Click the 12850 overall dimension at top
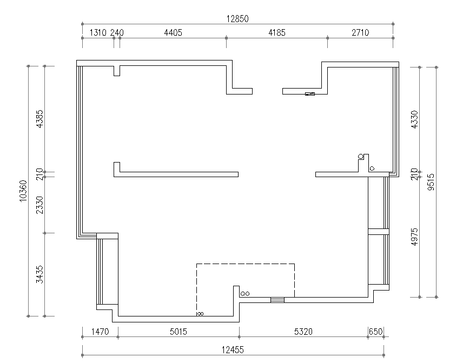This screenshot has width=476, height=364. [237, 19]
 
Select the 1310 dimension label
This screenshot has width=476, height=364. [98, 32]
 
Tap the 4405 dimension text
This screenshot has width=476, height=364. [173, 32]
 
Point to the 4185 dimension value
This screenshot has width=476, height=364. [277, 32]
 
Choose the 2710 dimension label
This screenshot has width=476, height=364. [360, 32]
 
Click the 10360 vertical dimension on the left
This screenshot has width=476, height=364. [23, 191]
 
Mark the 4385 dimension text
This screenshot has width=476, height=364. [40, 119]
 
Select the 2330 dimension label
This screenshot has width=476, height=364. [40, 205]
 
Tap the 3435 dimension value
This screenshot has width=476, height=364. [40, 274]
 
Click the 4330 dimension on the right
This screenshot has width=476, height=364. [414, 119]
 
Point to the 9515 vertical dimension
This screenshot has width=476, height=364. [431, 182]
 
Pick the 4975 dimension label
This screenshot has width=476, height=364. [414, 237]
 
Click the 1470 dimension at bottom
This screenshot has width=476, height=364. [100, 332]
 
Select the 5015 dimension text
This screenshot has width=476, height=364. [178, 332]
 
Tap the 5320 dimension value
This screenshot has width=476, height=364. [303, 332]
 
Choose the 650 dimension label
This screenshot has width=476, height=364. [375, 332]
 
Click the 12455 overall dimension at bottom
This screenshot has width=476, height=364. [233, 350]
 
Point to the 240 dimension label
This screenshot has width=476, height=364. [117, 32]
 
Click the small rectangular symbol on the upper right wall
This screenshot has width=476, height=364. [310, 94]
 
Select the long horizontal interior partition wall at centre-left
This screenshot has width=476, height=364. [176, 174]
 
